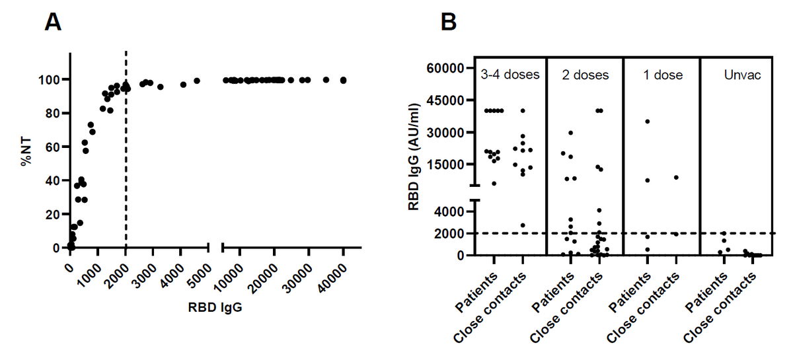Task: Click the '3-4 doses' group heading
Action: [x=510, y=75]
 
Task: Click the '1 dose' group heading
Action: [x=663, y=75]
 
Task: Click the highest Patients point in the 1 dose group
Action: [x=648, y=122]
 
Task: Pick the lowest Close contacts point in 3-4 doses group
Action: [x=523, y=225]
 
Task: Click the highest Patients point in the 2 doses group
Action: [x=570, y=133]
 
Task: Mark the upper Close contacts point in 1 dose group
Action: [x=676, y=177]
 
